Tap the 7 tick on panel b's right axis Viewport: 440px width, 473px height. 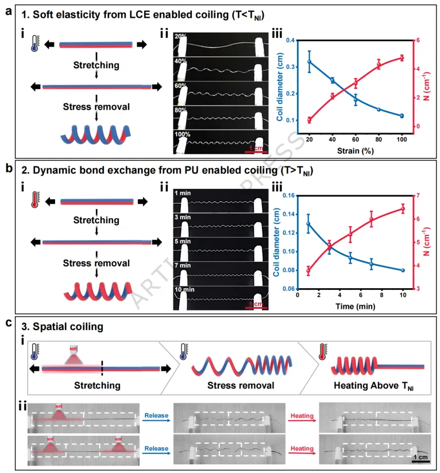click(x=416, y=196)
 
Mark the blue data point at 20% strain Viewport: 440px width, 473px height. click(x=310, y=61)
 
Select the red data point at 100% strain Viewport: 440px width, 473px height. click(x=402, y=57)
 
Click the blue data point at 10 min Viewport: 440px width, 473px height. click(x=403, y=270)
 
